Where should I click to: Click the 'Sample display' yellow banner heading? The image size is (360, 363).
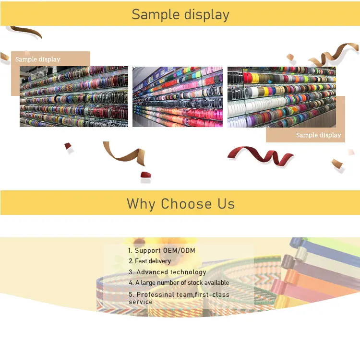[180, 14]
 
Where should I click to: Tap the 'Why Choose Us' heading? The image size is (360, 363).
[180, 203]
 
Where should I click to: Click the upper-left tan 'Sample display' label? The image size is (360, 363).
[38, 59]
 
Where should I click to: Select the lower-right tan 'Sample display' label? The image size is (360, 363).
[318, 135]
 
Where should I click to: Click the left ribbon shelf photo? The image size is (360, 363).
[74, 96]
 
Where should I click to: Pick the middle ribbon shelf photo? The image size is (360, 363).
[178, 96]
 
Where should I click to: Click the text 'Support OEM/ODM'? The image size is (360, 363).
[165, 250]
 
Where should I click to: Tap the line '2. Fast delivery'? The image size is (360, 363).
[150, 261]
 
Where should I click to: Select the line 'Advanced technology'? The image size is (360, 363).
[171, 272]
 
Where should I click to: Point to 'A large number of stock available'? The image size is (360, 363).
[182, 283]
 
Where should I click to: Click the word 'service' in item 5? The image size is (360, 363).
[140, 302]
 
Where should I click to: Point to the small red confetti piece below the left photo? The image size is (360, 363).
[68, 146]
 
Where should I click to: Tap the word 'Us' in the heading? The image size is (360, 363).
[226, 203]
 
